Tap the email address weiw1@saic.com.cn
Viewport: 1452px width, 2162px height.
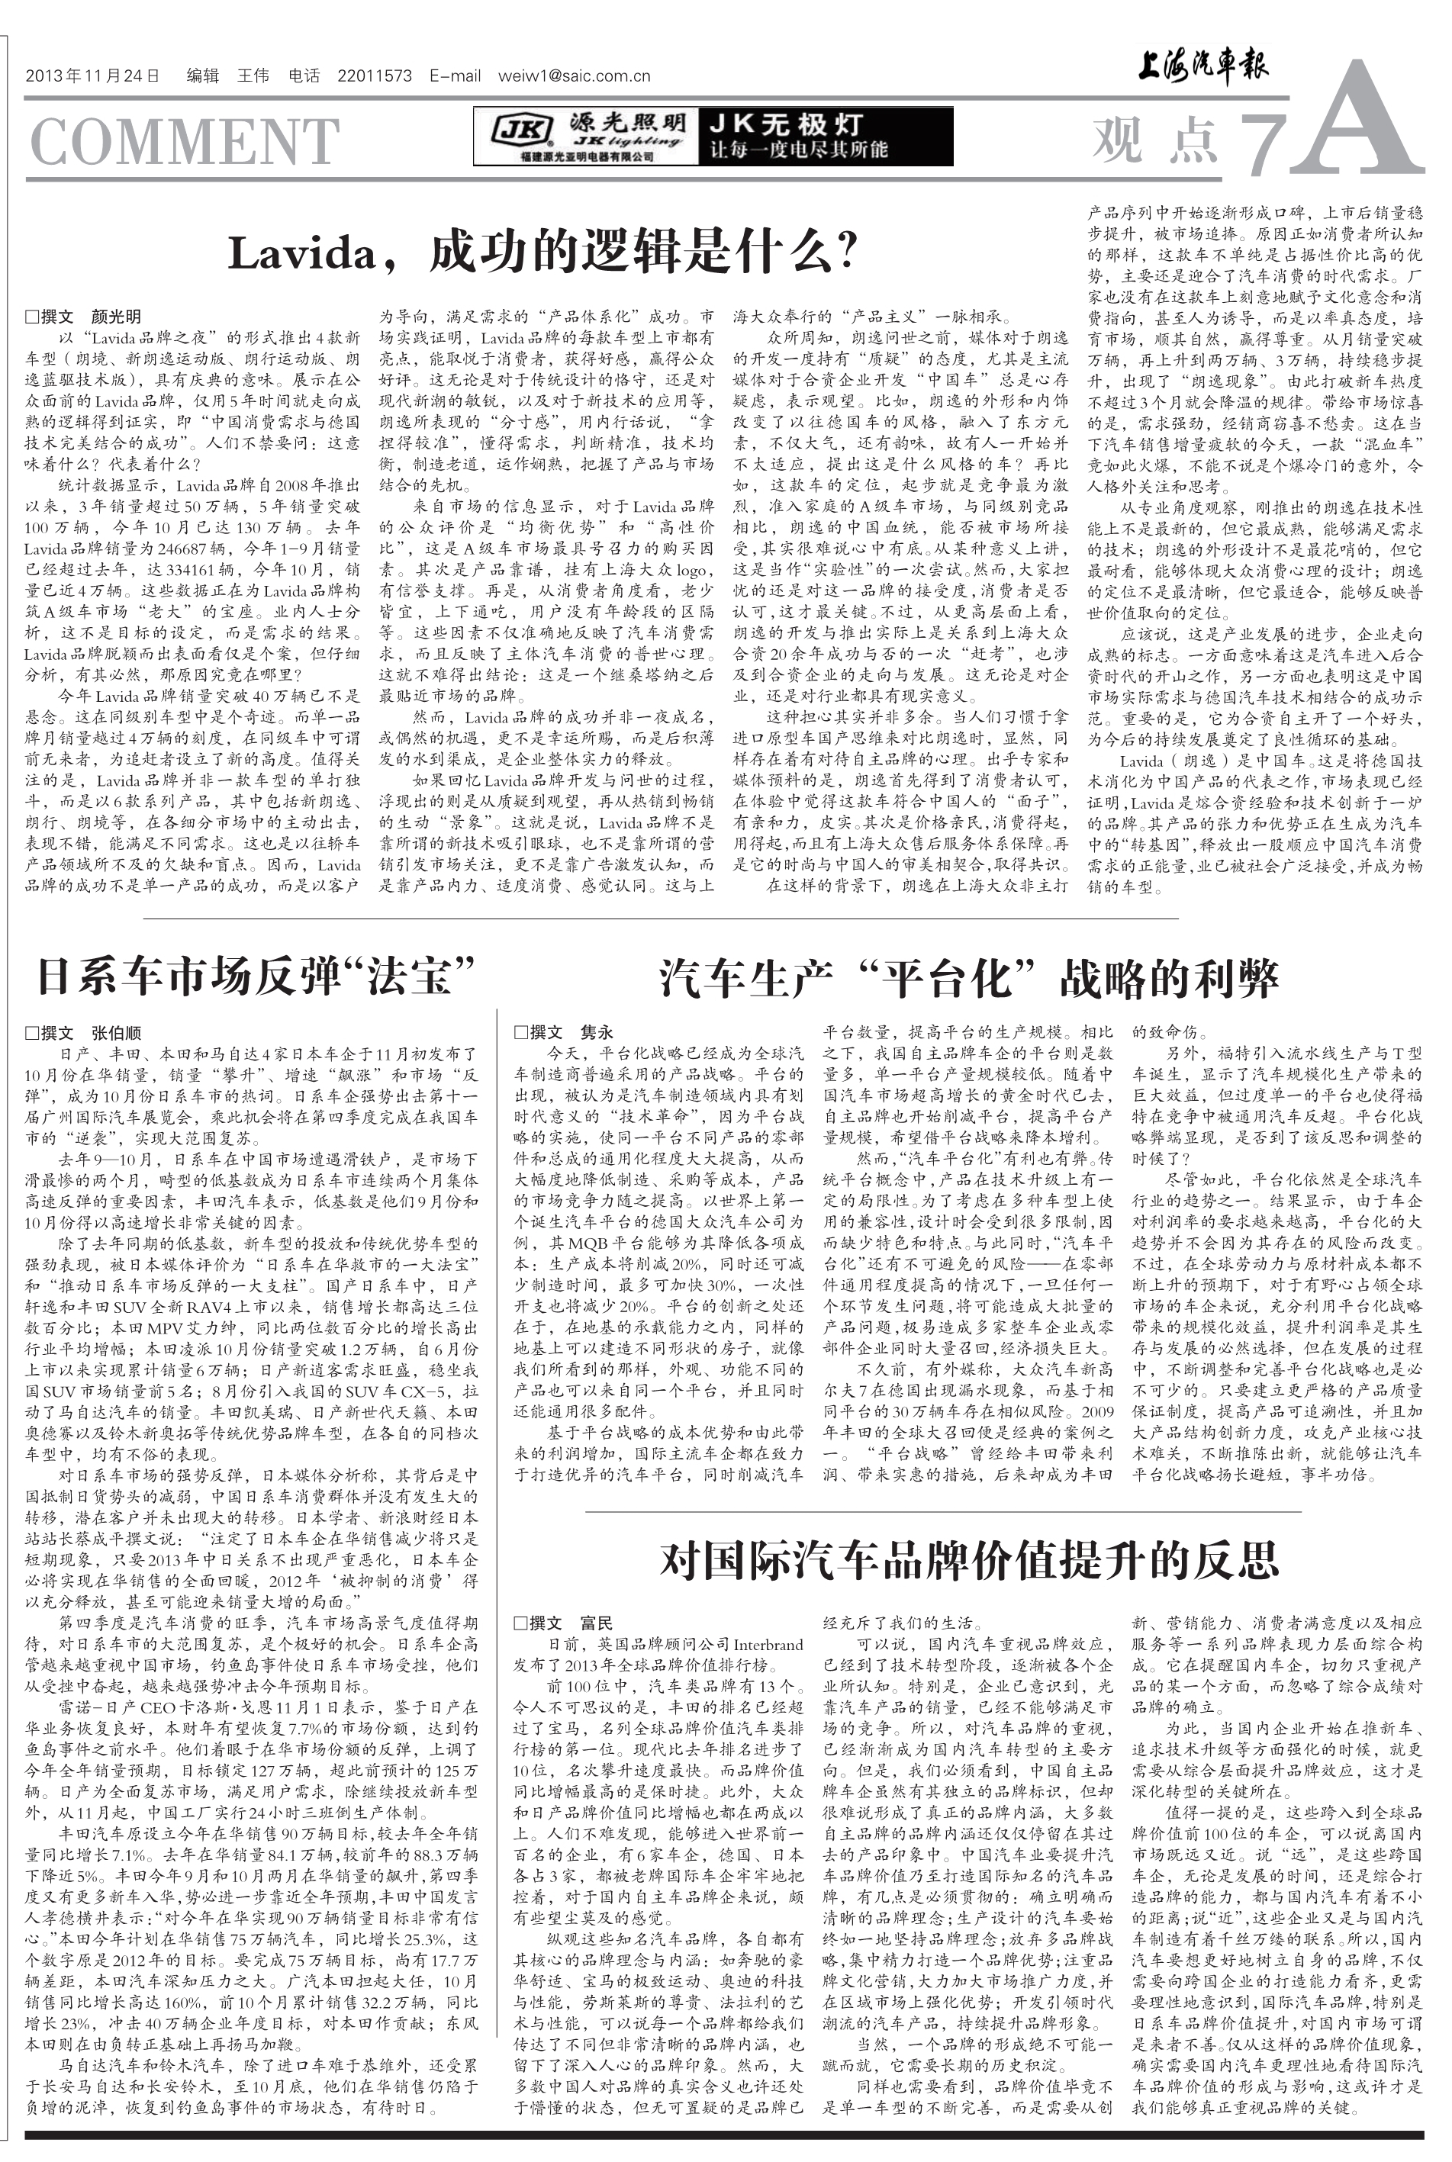pos(573,77)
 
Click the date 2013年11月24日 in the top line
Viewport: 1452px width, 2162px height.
pos(92,77)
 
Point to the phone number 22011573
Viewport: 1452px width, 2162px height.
pos(374,77)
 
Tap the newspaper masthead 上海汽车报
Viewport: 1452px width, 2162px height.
pos(1201,66)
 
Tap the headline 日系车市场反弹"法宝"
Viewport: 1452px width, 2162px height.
pos(255,976)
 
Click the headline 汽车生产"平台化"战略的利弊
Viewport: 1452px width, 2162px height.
pos(968,976)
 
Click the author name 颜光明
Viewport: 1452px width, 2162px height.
pos(116,317)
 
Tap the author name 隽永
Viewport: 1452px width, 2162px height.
pos(597,1032)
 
